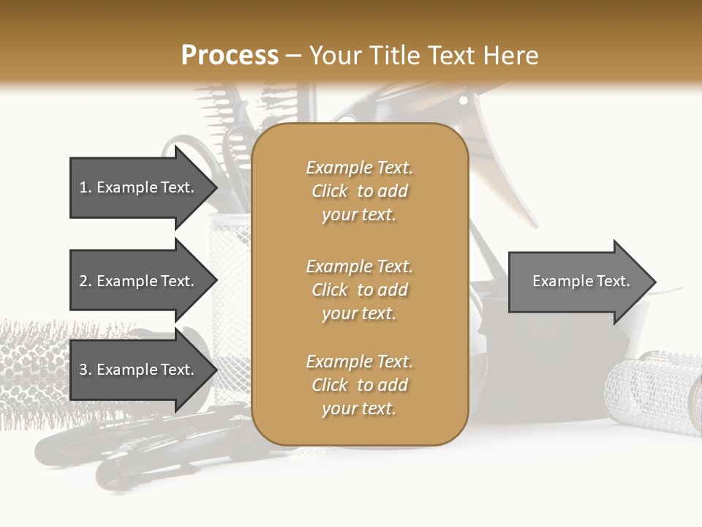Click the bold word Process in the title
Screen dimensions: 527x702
[x=230, y=56]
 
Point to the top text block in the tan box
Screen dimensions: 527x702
[x=359, y=191]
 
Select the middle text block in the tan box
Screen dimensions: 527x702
[x=359, y=290]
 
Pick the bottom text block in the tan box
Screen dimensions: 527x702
[x=359, y=385]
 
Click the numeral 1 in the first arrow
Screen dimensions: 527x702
[x=83, y=187]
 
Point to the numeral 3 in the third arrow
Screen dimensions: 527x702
[x=83, y=370]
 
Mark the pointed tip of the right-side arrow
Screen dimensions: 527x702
[x=654, y=282]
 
